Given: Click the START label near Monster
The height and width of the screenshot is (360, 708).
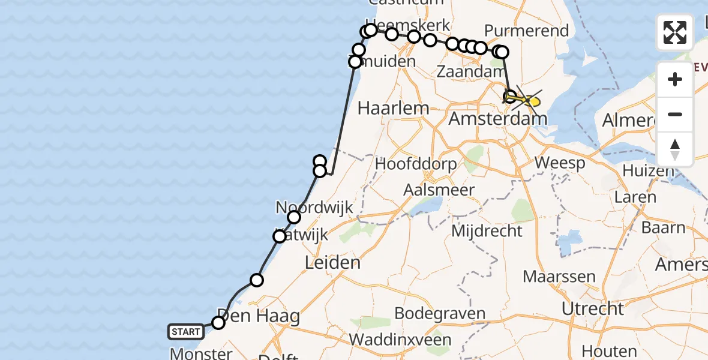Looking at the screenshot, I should pos(186,331).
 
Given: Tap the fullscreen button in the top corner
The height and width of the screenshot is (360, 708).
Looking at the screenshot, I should pos(675,32).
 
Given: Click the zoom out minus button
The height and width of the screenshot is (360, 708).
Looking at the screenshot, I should pos(675,114).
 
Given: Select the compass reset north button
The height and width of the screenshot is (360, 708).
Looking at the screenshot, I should pos(675,149).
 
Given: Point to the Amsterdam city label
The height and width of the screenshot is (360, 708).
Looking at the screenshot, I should pos(498,118).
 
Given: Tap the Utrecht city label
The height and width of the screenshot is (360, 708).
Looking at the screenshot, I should pos(592,308).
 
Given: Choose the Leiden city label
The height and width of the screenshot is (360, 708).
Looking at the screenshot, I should pos(333,262).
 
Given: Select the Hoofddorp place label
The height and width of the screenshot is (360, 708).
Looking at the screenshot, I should pos(416,163).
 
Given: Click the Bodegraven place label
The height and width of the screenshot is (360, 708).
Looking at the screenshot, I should pos(440,313).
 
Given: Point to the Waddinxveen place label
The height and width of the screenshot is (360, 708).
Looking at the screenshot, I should pos(400,339).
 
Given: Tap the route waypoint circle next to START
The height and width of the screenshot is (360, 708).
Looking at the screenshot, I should pos(218,323).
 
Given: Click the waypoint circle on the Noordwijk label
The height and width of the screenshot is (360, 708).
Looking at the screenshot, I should pos(294,217).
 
